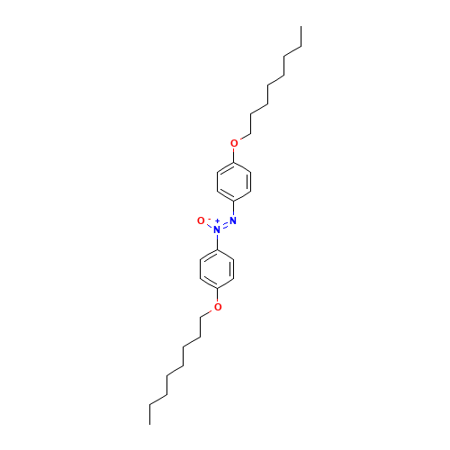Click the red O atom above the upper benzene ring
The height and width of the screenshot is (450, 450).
[x=234, y=143]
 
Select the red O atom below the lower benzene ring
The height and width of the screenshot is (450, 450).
[x=217, y=307]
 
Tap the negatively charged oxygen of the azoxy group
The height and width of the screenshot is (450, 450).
[x=201, y=220]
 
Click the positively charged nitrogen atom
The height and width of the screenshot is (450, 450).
[x=217, y=229]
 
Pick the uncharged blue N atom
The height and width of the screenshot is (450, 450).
[x=233, y=220]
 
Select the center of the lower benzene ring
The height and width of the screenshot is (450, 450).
[x=217, y=268]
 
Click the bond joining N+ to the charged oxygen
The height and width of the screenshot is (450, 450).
[x=209, y=225]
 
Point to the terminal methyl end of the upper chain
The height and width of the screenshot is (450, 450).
[x=300, y=48]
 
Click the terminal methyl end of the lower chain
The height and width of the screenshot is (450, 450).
[x=150, y=402]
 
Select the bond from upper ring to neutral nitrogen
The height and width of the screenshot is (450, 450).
[x=234, y=210]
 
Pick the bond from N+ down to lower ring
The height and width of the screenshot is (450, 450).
[x=217, y=239]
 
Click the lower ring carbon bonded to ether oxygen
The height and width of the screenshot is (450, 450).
[x=217, y=287]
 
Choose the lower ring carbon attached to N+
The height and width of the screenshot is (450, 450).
[x=217, y=249]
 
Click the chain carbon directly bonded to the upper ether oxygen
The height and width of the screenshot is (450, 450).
[x=250, y=133]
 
